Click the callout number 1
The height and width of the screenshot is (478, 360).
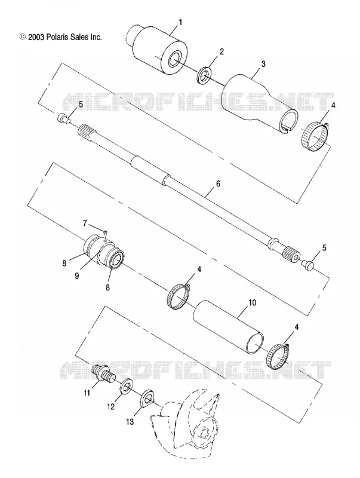click(x=180, y=22)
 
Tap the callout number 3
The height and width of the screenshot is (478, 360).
click(x=263, y=64)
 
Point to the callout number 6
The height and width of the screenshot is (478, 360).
click(x=217, y=184)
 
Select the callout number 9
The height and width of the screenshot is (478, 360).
click(x=77, y=275)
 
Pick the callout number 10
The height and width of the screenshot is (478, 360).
click(x=252, y=303)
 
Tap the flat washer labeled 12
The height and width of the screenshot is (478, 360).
click(x=127, y=387)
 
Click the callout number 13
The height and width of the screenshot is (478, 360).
click(x=130, y=422)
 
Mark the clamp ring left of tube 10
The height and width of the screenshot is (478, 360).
click(x=178, y=296)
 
